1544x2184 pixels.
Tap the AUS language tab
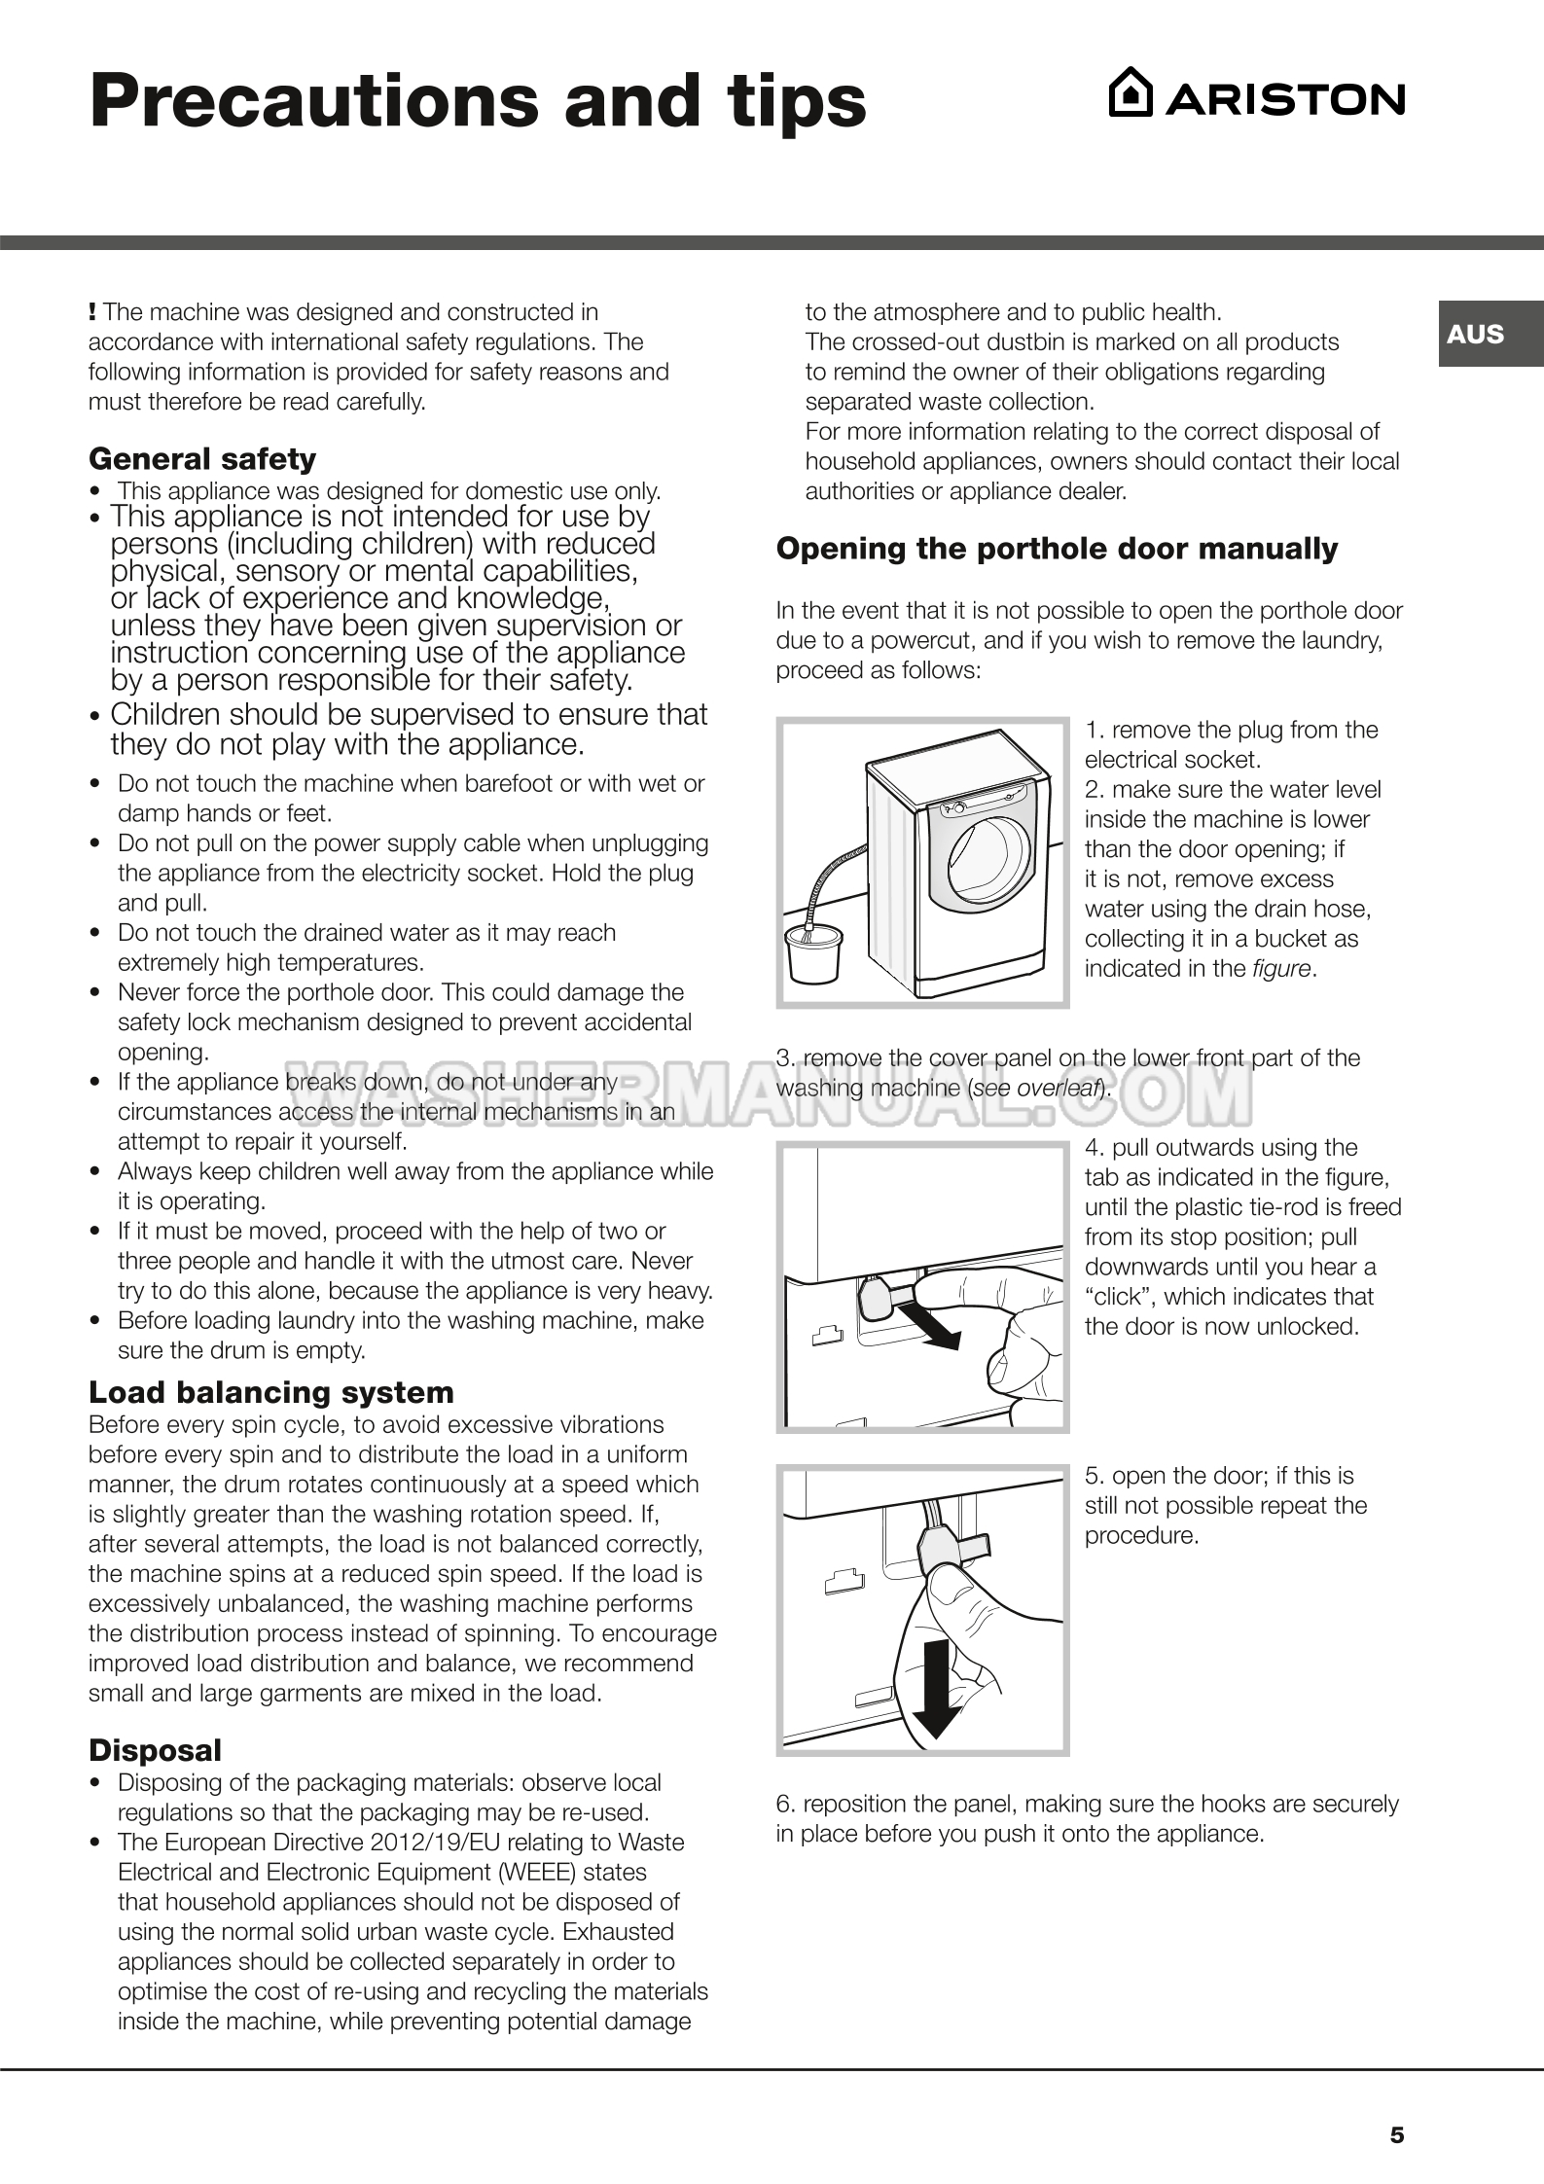[1475, 334]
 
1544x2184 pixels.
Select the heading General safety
[202, 458]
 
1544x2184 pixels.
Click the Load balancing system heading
[271, 1392]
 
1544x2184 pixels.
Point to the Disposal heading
[156, 1750]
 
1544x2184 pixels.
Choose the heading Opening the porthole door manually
[1057, 549]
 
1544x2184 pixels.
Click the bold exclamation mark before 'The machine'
[92, 312]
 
